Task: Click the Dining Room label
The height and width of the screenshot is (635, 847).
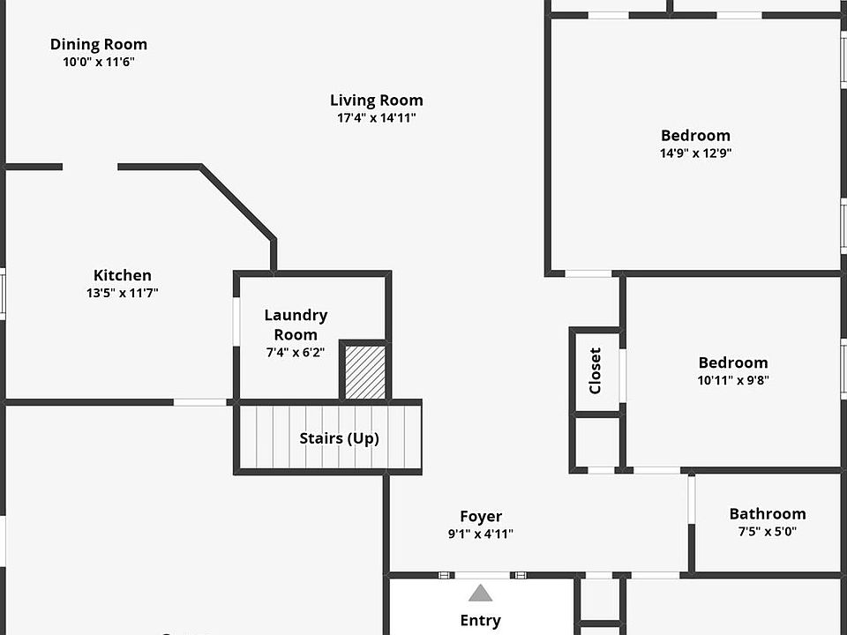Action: click(99, 44)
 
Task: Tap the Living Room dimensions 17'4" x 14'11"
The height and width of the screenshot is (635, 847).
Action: click(377, 118)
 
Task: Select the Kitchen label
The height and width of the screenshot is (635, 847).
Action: click(123, 275)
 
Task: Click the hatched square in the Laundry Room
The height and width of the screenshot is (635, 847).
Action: click(364, 372)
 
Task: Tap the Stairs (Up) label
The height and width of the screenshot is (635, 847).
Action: click(339, 437)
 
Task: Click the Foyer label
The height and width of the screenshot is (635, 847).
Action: click(481, 517)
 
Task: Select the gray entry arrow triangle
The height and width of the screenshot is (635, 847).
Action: click(480, 593)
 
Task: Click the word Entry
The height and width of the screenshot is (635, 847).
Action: click(480, 621)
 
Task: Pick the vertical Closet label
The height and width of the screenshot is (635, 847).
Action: click(595, 370)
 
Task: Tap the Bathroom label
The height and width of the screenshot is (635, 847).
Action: click(767, 513)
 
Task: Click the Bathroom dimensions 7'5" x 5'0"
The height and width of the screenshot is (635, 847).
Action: click(767, 532)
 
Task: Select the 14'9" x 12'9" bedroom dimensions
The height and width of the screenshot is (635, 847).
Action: click(695, 153)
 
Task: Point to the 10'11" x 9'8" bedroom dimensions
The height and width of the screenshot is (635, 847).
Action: click(732, 381)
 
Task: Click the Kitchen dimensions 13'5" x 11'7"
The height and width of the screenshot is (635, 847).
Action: click(123, 293)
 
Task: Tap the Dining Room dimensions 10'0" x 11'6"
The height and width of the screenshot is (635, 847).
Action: click(99, 63)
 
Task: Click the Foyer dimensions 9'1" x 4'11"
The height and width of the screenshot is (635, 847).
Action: click(481, 534)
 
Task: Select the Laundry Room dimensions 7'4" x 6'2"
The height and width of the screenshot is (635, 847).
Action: click(296, 353)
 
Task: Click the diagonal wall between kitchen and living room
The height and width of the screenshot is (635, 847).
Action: click(237, 202)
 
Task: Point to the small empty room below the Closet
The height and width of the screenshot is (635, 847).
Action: click(596, 441)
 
